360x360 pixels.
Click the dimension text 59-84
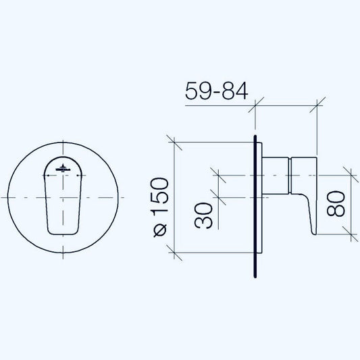coord(217,91)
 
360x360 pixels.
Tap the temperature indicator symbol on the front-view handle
coord(63,168)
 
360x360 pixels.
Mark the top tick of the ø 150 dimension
coord(175,143)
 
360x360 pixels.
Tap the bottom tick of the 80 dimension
coord(350,234)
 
